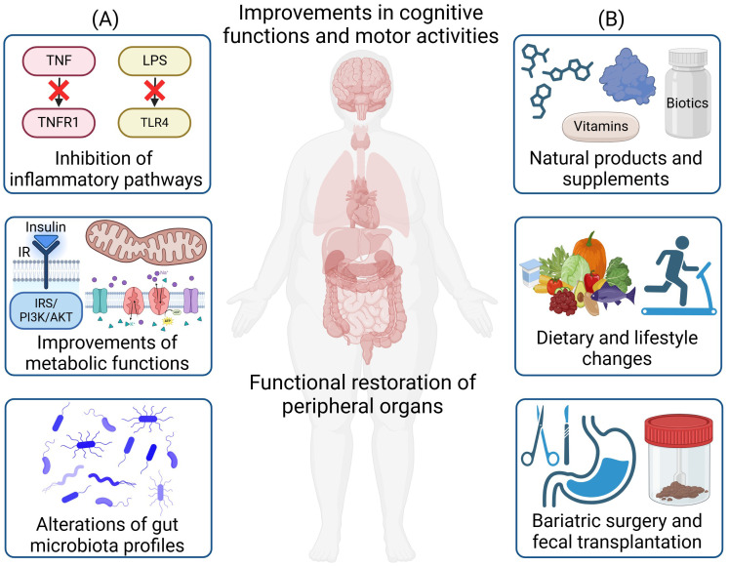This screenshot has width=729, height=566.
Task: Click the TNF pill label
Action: coord(60,61)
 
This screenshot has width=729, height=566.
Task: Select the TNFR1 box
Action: coord(60,123)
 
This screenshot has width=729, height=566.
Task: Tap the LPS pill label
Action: coord(155,61)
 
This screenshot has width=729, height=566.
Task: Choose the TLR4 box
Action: coord(155,123)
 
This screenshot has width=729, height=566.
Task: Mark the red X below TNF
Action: coord(60,91)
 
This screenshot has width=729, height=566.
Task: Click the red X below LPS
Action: coord(155,91)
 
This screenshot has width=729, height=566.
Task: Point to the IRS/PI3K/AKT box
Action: coord(46,310)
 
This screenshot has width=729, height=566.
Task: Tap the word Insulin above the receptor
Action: coord(46,227)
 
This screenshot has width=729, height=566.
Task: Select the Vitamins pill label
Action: coord(601,126)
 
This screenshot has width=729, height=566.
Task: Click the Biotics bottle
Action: coord(688,93)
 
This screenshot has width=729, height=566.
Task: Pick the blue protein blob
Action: coord(628,77)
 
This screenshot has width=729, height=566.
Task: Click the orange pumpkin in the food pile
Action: coord(589,254)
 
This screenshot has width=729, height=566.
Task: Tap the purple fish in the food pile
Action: coord(613,295)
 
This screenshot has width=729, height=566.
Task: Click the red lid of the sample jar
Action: coord(678,429)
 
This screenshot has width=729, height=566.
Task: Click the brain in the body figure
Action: coord(361,87)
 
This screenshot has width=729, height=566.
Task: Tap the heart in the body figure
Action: coord(363,206)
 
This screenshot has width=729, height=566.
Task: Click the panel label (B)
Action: coord(611,20)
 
